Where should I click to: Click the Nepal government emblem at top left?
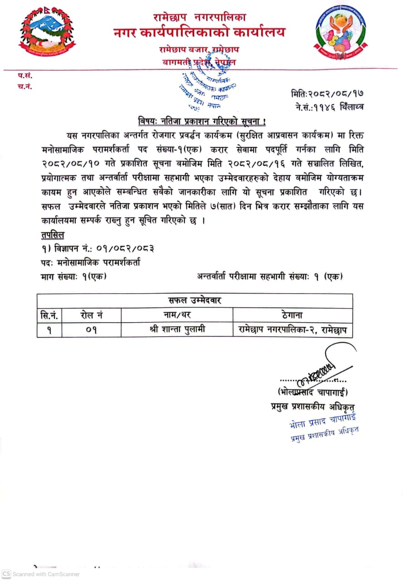tap(46, 34)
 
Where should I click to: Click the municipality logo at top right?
tap(340, 33)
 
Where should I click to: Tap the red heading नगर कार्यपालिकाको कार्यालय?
tap(199, 33)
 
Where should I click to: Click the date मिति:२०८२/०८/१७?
tap(326, 94)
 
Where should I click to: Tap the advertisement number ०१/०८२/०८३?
tap(125, 249)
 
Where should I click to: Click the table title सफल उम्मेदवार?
tap(194, 300)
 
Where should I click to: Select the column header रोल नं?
tap(92, 315)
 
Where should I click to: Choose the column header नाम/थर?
tap(177, 315)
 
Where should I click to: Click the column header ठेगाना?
tap(292, 315)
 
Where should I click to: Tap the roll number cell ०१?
tap(92, 330)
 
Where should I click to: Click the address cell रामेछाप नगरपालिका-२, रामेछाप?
tap(292, 330)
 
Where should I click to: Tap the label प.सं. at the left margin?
tap(25, 76)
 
